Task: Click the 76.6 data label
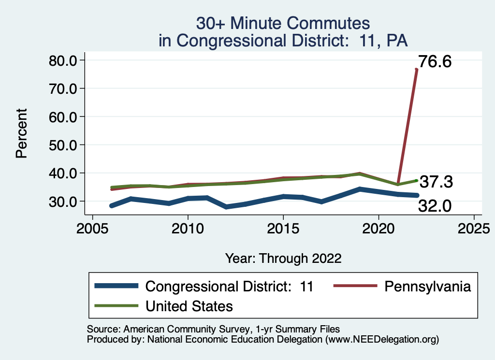coord(435,62)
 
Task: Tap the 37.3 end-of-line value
coord(436,182)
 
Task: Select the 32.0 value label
coord(435,206)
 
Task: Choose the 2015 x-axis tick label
coord(283,228)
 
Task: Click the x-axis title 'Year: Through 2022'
coord(283,259)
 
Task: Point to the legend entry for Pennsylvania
coord(427,287)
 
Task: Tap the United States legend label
coord(189,306)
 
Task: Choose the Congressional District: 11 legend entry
coord(230,287)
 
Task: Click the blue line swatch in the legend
coord(116,287)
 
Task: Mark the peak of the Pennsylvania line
coord(416,70)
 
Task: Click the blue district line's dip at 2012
coord(226,207)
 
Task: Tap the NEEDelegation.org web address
coord(382,339)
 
